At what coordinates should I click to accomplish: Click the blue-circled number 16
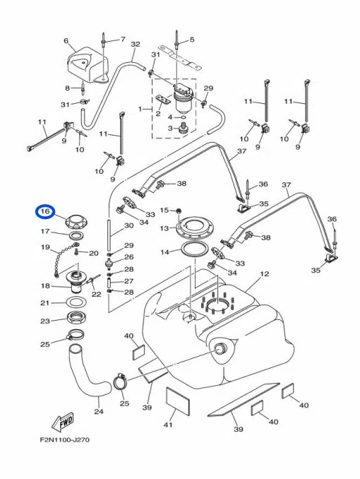click(x=45, y=211)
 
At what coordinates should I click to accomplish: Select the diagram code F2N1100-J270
click(x=65, y=440)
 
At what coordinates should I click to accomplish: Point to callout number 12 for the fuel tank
click(x=265, y=273)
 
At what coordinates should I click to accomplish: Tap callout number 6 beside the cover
click(x=66, y=41)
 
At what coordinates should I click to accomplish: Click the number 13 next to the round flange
click(x=164, y=228)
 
